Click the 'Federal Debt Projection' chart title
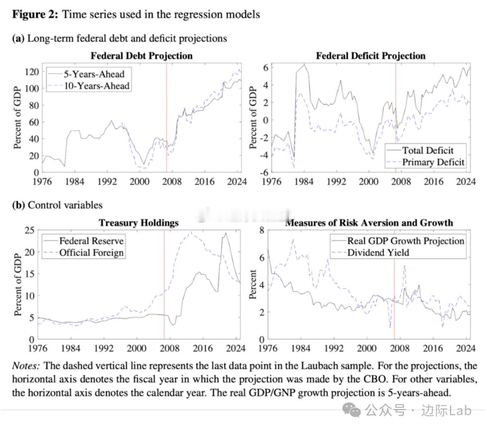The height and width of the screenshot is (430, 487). coord(142,56)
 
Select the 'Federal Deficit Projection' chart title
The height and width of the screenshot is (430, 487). coord(371,56)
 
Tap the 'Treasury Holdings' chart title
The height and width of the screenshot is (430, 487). coord(138,222)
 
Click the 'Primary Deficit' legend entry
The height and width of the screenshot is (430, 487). coord(433,162)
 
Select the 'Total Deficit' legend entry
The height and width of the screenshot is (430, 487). coord(427,150)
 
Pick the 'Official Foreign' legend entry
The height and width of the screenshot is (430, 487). coord(91,252)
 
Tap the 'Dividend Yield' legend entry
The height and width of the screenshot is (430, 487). coord(378,252)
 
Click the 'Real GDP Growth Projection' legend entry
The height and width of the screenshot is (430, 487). coord(405,240)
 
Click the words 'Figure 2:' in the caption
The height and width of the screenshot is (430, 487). coord(35,14)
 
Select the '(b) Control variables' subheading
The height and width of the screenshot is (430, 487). coord(57,205)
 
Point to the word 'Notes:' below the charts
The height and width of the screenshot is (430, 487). coord(26,365)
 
